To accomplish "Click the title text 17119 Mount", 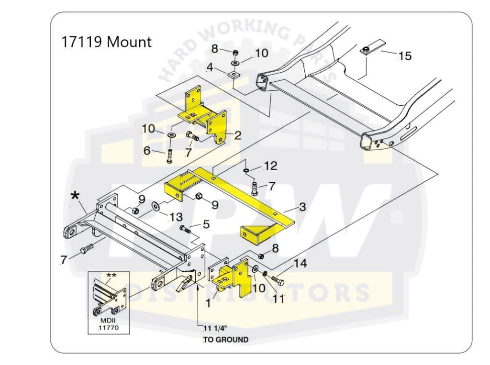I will pyautogui.click(x=106, y=42).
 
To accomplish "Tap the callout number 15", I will pyautogui.click(x=404, y=56).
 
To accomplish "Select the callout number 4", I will pyautogui.click(x=210, y=67).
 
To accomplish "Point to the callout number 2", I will pyautogui.click(x=237, y=135).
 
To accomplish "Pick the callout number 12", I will pyautogui.click(x=270, y=166).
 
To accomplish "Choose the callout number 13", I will pyautogui.click(x=176, y=217).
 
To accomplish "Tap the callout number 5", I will pyautogui.click(x=206, y=223).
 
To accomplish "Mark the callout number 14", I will pyautogui.click(x=300, y=263).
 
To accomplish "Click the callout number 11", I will pyautogui.click(x=278, y=299).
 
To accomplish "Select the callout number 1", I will pyautogui.click(x=208, y=303).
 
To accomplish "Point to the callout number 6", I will pyautogui.click(x=147, y=151).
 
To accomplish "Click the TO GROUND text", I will pyautogui.click(x=226, y=340).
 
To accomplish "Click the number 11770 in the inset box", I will pyautogui.click(x=108, y=328).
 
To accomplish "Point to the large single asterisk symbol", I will pyautogui.click(x=75, y=196).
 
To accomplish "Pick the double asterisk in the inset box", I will pyautogui.click(x=111, y=276).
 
